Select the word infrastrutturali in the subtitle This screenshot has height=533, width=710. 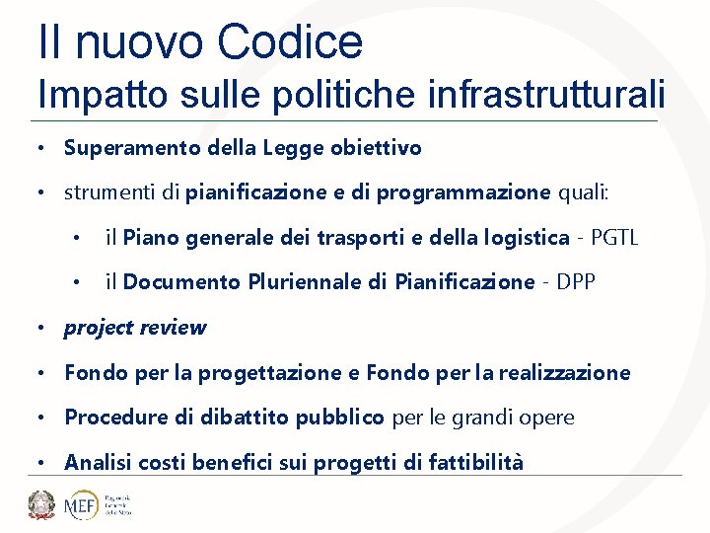pos(547,95)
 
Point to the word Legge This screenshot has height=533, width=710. pos(292,148)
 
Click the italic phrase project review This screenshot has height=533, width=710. pos(135,328)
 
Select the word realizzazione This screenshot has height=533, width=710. pos(564,373)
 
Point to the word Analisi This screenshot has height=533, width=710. pos(98,462)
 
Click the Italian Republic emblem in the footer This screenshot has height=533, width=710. pos(42,504)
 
